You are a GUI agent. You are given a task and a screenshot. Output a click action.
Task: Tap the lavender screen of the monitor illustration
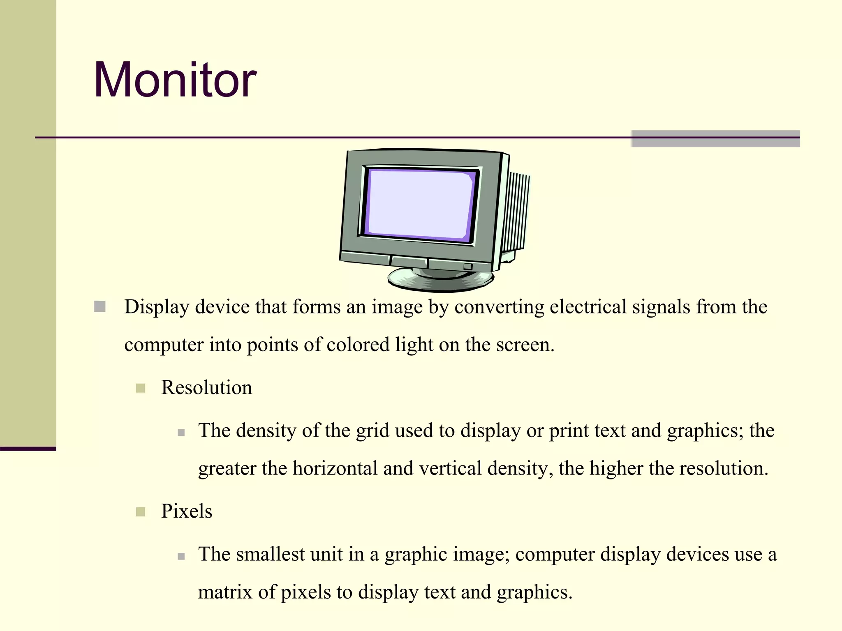419,204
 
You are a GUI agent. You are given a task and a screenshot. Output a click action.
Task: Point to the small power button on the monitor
467,267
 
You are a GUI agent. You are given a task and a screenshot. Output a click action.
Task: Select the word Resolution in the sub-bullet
206,387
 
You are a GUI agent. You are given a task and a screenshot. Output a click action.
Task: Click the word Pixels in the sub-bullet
187,511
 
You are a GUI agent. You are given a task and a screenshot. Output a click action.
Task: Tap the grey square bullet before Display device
100,306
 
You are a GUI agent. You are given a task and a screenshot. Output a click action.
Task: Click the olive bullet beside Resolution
141,388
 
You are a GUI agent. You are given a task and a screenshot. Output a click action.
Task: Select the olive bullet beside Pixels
141,512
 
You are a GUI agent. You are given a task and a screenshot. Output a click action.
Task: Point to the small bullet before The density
181,433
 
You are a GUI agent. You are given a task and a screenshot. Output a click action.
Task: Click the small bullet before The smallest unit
181,557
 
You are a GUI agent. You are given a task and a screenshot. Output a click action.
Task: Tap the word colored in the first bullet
358,345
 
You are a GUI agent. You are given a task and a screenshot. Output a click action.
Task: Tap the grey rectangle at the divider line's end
715,138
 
